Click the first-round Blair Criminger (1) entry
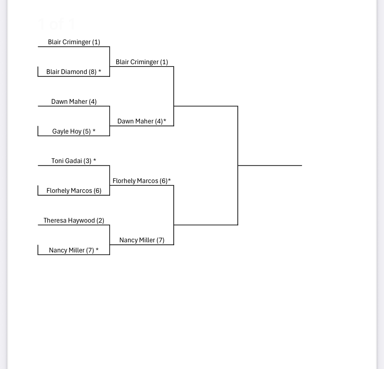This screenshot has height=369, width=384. tap(74, 42)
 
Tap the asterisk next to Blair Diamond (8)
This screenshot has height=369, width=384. tap(100, 71)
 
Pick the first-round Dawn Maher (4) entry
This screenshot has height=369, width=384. tap(74, 101)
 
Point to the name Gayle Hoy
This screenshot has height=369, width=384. tap(67, 132)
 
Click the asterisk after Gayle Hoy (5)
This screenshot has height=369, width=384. tap(94, 131)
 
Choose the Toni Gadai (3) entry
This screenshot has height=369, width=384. tap(71, 161)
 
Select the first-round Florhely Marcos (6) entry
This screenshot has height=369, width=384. tap(74, 191)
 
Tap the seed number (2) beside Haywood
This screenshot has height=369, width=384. tap(100, 221)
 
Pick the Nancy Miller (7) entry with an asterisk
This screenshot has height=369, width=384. tap(74, 250)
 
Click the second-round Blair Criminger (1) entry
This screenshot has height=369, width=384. tap(142, 62)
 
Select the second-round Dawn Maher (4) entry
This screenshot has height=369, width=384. tap(140, 121)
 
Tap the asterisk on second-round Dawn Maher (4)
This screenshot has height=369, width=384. tap(165, 120)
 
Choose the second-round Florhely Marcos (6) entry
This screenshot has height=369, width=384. tap(140, 181)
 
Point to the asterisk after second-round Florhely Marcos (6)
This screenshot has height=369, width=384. tap(169, 180)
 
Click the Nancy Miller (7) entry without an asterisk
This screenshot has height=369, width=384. tap(142, 240)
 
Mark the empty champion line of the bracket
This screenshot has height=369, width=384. tap(270, 165)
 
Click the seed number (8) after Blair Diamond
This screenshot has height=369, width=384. tap(93, 72)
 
